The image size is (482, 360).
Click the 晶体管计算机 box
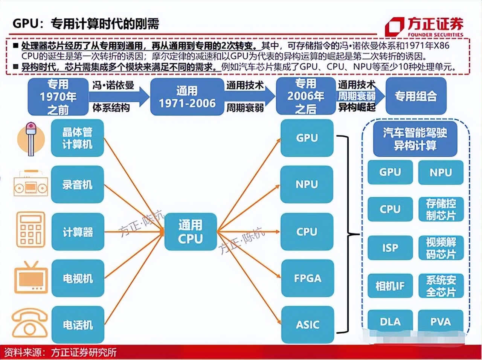point(77,138)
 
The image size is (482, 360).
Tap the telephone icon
point(30,323)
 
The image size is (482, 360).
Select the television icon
point(31,278)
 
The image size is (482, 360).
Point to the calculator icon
point(31,230)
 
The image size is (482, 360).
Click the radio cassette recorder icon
point(31,184)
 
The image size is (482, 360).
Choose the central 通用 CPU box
point(190,232)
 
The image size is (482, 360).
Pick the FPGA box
point(307,278)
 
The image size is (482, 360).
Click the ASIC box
point(307,325)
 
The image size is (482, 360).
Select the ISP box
point(390,248)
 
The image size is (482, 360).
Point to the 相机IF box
point(390,286)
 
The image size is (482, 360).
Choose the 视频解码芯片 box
point(441,248)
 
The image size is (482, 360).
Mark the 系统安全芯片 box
point(441,286)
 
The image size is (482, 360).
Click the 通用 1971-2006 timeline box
point(187,97)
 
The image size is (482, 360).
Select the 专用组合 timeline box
point(416,96)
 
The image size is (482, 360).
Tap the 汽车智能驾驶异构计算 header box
point(415,139)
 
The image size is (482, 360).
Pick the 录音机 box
point(77,185)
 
